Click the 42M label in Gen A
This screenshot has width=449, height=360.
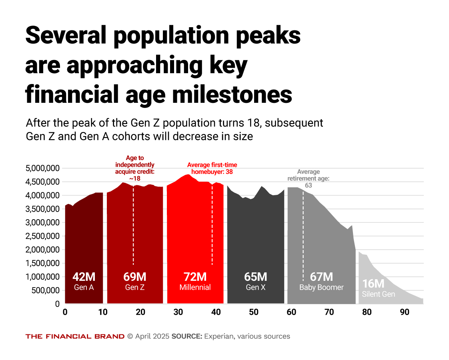(84, 277)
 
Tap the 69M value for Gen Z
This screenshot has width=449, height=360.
(134, 277)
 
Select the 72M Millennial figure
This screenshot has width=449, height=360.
(195, 277)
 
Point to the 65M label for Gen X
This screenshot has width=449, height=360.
(255, 277)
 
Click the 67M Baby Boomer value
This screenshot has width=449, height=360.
(321, 277)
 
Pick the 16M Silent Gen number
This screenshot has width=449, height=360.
(373, 284)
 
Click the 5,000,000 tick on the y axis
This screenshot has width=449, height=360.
(43, 168)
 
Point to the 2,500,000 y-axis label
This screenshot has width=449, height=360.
(43, 236)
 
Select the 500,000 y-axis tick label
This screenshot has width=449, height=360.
(46, 290)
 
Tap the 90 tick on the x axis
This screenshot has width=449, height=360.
(405, 312)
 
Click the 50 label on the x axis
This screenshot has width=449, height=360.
(254, 312)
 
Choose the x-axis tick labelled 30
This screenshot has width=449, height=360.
(178, 312)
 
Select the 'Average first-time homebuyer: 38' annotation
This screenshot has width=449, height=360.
(212, 168)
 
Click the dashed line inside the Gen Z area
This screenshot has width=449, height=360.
(133, 224)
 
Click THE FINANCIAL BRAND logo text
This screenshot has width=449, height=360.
(75, 336)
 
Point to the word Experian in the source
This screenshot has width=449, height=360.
(219, 336)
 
